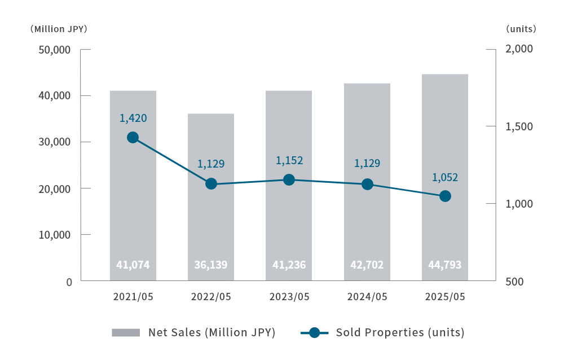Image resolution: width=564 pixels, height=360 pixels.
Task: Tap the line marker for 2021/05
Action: [x=133, y=138]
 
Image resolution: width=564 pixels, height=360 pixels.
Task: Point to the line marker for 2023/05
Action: [x=289, y=180]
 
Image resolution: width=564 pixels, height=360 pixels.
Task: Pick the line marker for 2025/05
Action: [x=445, y=196]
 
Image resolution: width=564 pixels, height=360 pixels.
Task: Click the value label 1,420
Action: [x=133, y=118]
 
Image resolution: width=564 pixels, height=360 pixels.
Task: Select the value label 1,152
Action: [x=289, y=161]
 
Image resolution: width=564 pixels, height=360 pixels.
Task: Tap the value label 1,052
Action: [x=445, y=178]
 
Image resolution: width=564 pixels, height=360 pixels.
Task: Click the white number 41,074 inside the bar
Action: [x=133, y=265]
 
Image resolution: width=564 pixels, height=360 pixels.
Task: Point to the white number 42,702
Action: [x=367, y=265]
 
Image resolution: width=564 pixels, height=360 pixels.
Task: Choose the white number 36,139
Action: [x=211, y=265]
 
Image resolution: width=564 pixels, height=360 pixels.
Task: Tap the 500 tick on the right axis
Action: [x=515, y=282]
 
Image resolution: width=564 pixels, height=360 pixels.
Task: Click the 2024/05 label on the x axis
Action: [x=367, y=297]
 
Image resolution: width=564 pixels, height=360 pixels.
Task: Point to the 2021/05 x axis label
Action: [x=133, y=297]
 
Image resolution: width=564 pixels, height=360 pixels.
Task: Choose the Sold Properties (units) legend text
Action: [x=400, y=332]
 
